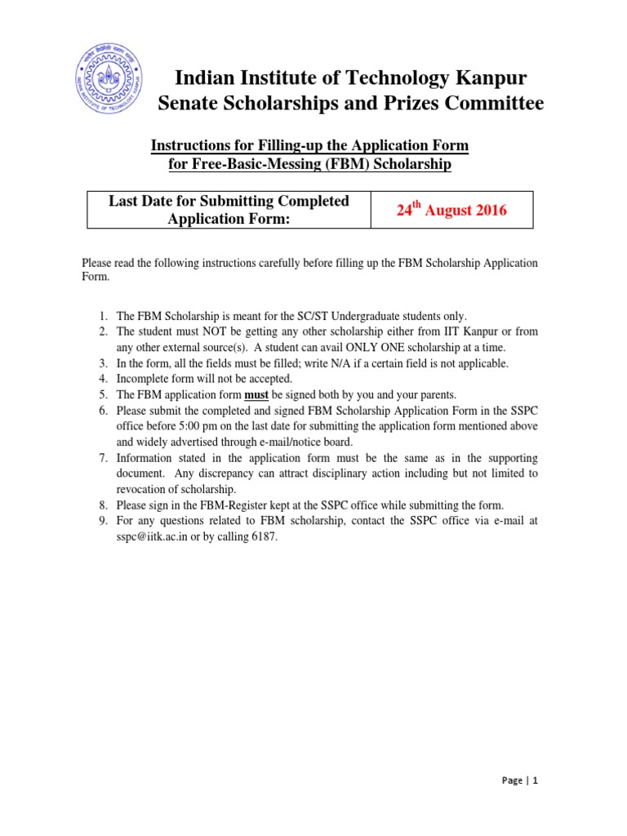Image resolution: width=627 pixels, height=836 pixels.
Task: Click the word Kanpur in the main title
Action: tap(486, 78)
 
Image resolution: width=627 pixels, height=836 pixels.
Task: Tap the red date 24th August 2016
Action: tap(451, 211)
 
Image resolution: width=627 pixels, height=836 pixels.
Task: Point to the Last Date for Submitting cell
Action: tap(229, 210)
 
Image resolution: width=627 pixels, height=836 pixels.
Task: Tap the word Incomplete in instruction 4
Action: tap(144, 379)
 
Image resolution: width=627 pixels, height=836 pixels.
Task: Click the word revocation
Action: tap(143, 489)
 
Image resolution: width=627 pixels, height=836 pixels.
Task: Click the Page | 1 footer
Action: tap(520, 780)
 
